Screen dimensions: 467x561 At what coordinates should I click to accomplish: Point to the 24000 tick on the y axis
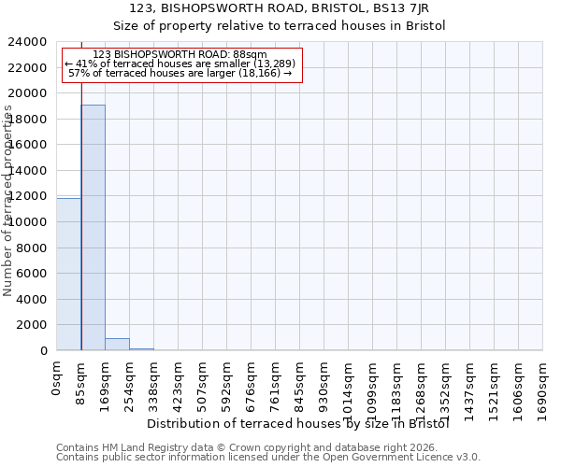[28, 42]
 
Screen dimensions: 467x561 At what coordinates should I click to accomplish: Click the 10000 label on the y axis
[28, 222]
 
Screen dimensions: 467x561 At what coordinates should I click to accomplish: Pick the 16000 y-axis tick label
[28, 145]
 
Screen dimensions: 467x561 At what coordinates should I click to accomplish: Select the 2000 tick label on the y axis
[32, 325]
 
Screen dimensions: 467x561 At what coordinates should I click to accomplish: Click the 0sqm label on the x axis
[57, 379]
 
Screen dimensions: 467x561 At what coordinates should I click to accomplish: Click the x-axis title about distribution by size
[299, 423]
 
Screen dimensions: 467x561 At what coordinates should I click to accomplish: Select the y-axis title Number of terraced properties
[8, 201]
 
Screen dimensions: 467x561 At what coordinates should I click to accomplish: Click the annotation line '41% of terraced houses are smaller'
[182, 64]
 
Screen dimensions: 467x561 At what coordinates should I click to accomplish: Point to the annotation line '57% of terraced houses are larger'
[182, 73]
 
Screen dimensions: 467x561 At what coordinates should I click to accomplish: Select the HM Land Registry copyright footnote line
[266, 447]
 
